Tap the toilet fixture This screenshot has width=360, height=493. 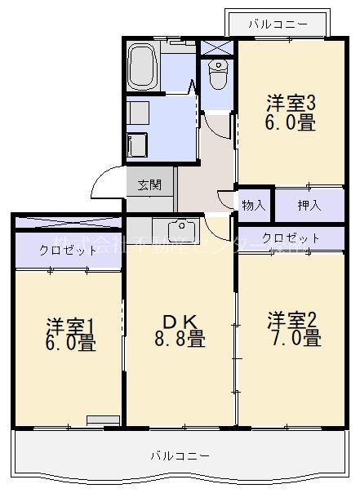pyautogui.click(x=218, y=76)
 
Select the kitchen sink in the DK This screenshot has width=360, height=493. pyautogui.click(x=179, y=229)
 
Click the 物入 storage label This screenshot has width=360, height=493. pyautogui.click(x=254, y=204)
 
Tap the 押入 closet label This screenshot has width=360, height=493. pyautogui.click(x=309, y=204)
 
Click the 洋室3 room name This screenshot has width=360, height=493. pyautogui.click(x=291, y=104)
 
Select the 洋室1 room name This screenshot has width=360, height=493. pyautogui.click(x=70, y=323)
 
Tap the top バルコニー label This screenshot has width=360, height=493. pyautogui.click(x=278, y=24)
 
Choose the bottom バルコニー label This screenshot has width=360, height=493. pyautogui.click(x=180, y=455)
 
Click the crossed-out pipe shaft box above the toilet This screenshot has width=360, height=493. pyautogui.click(x=217, y=47)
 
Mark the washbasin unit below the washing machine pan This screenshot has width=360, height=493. pyautogui.click(x=137, y=144)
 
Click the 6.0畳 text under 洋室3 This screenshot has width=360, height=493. pyautogui.click(x=290, y=123)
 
